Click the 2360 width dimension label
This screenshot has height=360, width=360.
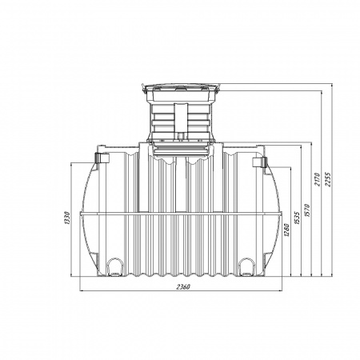tap(183, 287)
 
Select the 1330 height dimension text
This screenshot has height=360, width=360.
tap(67, 218)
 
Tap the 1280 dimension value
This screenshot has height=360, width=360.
tap(286, 230)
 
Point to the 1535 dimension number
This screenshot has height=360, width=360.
tap(298, 218)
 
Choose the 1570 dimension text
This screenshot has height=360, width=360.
tap(307, 210)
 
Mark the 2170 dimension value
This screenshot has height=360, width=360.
tap(318, 179)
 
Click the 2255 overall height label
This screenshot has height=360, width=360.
tap(327, 179)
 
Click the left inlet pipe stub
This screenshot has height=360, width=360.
tap(102, 158)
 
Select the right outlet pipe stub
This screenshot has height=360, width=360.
tap(259, 162)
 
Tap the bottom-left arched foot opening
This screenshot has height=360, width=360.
tap(115, 266)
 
